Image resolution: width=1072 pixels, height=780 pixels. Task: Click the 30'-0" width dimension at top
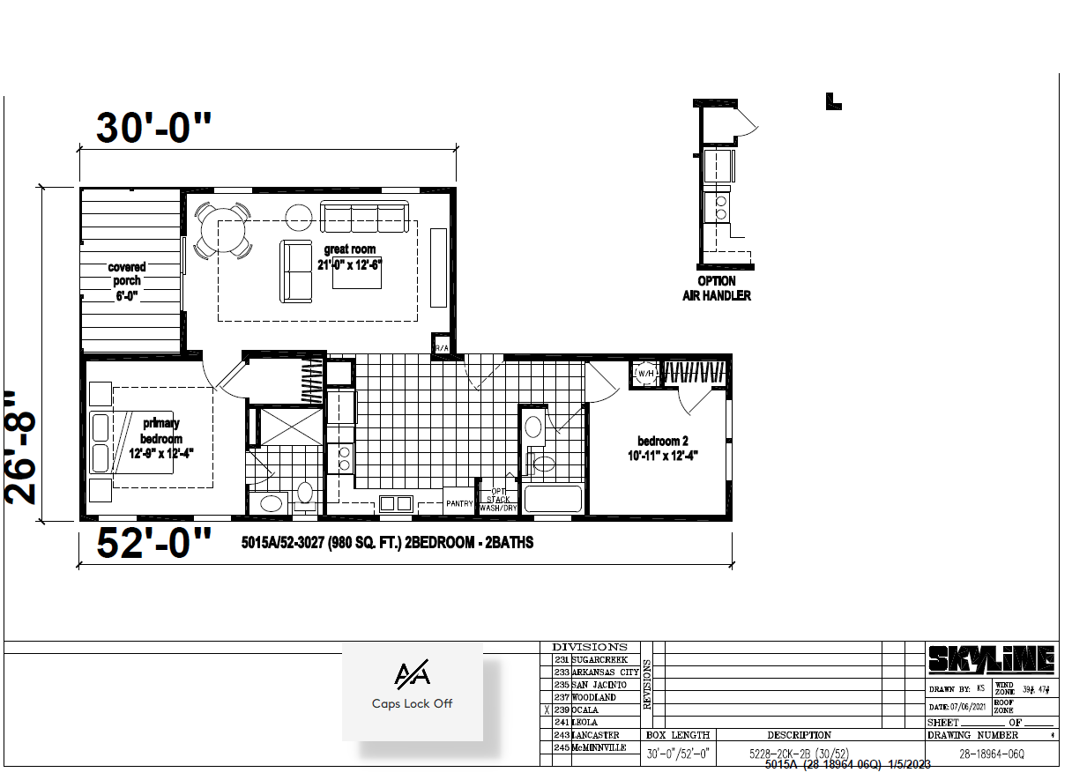[x=154, y=129]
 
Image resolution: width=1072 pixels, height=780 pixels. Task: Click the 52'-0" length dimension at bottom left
[x=154, y=544]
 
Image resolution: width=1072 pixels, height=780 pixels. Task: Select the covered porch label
[x=127, y=280]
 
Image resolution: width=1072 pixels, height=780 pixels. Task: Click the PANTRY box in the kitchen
[x=458, y=503]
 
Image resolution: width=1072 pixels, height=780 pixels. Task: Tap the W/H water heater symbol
[x=645, y=373]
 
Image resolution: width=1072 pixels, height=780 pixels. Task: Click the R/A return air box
[x=440, y=347]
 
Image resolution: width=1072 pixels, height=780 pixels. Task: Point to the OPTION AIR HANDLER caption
[x=717, y=288]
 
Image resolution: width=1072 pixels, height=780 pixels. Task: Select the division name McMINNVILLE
[x=599, y=747]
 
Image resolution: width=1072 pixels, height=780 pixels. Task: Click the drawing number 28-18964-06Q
[x=991, y=754]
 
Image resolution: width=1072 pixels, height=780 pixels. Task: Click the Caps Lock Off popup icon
[x=412, y=675]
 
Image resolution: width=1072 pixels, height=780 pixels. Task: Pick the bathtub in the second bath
[x=553, y=499]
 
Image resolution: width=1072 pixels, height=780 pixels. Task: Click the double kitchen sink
[x=395, y=503]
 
